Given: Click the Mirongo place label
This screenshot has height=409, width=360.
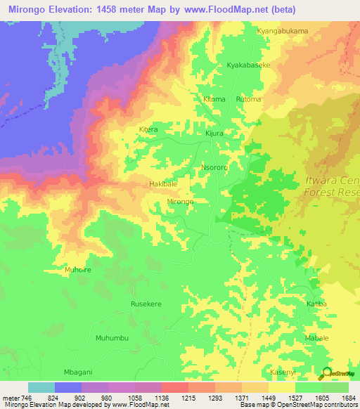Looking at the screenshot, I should [x=180, y=202].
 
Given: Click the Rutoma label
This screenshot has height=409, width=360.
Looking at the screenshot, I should [x=248, y=99].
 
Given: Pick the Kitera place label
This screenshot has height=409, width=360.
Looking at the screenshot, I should [x=148, y=130].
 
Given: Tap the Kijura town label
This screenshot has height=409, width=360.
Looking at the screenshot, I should [x=214, y=133].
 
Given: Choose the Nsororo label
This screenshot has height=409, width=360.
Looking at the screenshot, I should [x=215, y=169].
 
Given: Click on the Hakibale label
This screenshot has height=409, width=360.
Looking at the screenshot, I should [x=162, y=184].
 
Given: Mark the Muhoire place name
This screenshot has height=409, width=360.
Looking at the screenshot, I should [x=78, y=269].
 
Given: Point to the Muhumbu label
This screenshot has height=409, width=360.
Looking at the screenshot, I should [x=112, y=338].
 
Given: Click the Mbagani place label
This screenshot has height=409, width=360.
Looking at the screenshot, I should [x=78, y=371].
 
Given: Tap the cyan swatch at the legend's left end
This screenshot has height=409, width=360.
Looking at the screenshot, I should [x=41, y=387].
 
